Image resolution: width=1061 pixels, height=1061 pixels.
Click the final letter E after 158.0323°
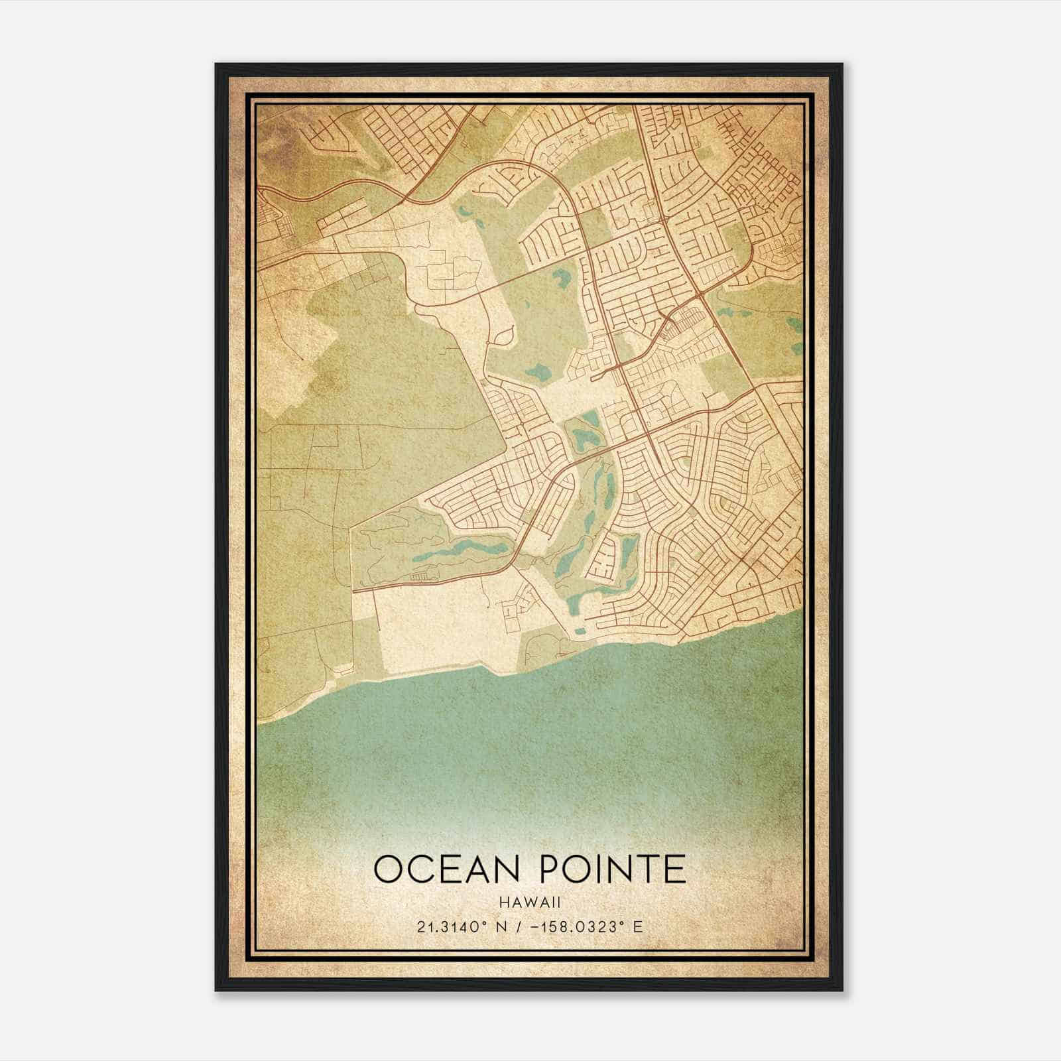coord(638,926)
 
